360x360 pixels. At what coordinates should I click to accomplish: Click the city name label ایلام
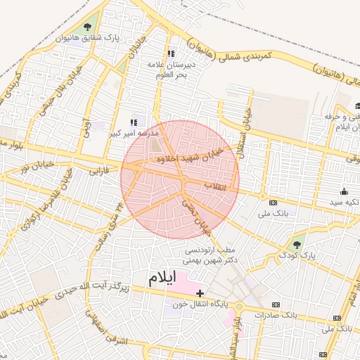pos(160,277)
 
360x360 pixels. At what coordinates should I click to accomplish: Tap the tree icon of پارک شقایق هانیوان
pos(87,27)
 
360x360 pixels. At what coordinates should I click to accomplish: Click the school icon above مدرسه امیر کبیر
pos(134,122)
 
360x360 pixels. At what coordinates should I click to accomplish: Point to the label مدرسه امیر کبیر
pos(134,131)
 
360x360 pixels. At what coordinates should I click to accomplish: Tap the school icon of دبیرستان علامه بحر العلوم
pos(170,53)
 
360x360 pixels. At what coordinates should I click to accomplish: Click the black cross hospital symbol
pos(200,292)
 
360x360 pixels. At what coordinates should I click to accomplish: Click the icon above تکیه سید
pos(344,191)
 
